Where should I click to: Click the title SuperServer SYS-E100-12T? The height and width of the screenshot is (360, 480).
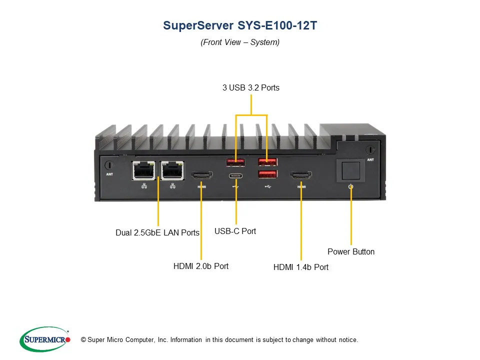pyautogui.click(x=240, y=26)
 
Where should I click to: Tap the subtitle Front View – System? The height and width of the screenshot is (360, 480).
pyautogui.click(x=240, y=42)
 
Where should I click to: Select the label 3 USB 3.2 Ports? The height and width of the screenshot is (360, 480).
pyautogui.click(x=251, y=88)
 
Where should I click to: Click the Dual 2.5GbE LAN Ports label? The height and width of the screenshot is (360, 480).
pyautogui.click(x=157, y=232)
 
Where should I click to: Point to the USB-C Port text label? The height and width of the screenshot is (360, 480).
pyautogui.click(x=235, y=231)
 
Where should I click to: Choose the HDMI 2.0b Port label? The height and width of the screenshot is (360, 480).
pyautogui.click(x=201, y=266)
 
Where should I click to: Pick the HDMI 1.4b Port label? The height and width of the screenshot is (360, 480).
pyautogui.click(x=301, y=267)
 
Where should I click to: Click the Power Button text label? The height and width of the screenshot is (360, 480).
pyautogui.click(x=351, y=251)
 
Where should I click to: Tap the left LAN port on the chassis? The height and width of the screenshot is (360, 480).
pyautogui.click(x=143, y=171)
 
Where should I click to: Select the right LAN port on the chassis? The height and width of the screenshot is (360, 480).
pyautogui.click(x=172, y=171)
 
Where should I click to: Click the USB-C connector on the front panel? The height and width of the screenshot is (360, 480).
pyautogui.click(x=236, y=175)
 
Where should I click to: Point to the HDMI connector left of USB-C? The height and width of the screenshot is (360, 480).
pyautogui.click(x=201, y=175)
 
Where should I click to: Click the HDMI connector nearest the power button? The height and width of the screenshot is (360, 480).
pyautogui.click(x=301, y=175)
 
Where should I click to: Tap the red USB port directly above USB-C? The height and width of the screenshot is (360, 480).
pyautogui.click(x=236, y=162)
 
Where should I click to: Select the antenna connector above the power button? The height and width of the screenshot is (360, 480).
pyautogui.click(x=369, y=149)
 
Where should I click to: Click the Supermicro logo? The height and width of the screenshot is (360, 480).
pyautogui.click(x=45, y=340)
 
